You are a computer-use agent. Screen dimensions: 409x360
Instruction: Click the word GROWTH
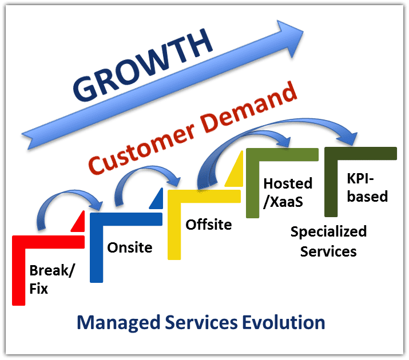tap(142, 65)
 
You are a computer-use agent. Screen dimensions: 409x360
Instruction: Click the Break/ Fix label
tap(52, 279)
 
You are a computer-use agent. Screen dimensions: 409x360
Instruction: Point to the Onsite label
tap(130, 247)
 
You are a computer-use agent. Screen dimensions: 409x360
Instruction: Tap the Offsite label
tap(208, 224)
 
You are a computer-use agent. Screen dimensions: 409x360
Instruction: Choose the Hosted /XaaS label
tap(288, 193)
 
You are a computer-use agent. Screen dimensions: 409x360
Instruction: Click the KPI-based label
tap(367, 187)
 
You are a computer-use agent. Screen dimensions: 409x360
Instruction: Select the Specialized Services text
tap(328, 242)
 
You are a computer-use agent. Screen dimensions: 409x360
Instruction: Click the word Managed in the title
tap(118, 323)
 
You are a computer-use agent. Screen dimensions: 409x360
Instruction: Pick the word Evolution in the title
tap(284, 322)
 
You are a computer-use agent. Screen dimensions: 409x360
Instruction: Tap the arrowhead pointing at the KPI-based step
tap(350, 138)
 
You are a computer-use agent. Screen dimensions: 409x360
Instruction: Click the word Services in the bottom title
tap(201, 322)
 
